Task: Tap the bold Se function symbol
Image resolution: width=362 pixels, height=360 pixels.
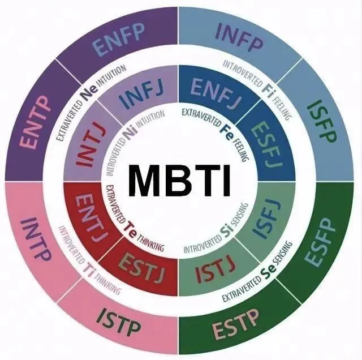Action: tap(270, 273)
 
